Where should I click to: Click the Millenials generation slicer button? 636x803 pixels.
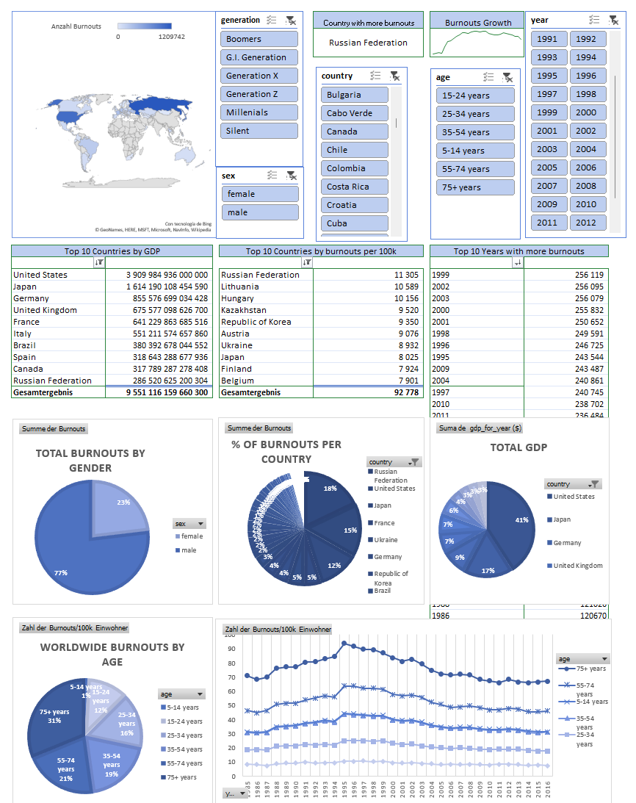[259, 112]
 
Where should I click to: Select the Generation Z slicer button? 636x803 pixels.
[259, 94]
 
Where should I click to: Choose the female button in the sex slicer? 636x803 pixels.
[260, 194]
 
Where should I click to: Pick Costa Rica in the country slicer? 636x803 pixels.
[354, 187]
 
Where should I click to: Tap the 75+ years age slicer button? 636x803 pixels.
[475, 187]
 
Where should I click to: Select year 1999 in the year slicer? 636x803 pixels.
[548, 112]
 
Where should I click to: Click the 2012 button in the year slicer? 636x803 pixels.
[588, 223]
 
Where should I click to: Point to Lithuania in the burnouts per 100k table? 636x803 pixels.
[242, 287]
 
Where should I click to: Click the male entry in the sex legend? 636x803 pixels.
[189, 550]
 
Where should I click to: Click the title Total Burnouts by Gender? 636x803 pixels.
[90, 461]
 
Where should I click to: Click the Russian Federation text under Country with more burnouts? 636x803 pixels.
[368, 43]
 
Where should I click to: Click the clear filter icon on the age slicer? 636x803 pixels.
[507, 77]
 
